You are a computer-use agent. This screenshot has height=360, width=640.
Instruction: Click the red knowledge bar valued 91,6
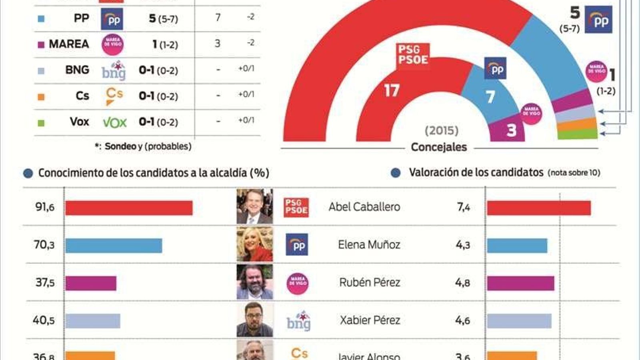(129, 208)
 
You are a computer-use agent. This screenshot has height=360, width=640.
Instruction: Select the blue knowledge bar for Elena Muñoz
(114, 246)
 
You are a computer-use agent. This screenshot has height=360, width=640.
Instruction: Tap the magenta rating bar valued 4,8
(520, 283)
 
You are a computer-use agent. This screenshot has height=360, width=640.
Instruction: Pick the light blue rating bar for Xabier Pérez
(519, 321)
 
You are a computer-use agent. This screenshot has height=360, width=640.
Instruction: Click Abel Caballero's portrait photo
(254, 206)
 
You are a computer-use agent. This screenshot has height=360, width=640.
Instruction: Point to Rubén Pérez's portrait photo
(254, 282)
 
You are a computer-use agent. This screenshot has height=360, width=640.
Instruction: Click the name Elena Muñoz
(369, 244)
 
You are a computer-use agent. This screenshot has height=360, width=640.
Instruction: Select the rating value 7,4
(463, 207)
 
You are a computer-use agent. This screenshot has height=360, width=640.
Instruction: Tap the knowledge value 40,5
(44, 320)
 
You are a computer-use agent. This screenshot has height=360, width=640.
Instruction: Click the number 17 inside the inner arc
(392, 91)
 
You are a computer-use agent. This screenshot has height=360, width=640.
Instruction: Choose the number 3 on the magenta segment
(511, 130)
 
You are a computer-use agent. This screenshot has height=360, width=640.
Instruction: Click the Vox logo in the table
(114, 122)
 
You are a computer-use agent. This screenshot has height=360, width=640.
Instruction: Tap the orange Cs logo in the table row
(114, 96)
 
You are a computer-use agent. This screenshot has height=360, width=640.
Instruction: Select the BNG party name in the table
(77, 70)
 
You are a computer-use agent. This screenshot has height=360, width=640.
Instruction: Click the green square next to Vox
(41, 123)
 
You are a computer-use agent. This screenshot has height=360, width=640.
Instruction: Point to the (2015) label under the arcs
(441, 130)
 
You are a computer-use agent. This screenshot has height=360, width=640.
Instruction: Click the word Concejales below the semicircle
(439, 147)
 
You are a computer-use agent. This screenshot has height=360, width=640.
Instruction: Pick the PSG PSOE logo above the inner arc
(413, 55)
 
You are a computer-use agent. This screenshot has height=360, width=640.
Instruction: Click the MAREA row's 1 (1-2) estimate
(165, 44)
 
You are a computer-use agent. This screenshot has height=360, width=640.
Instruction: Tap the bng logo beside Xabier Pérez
(298, 321)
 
